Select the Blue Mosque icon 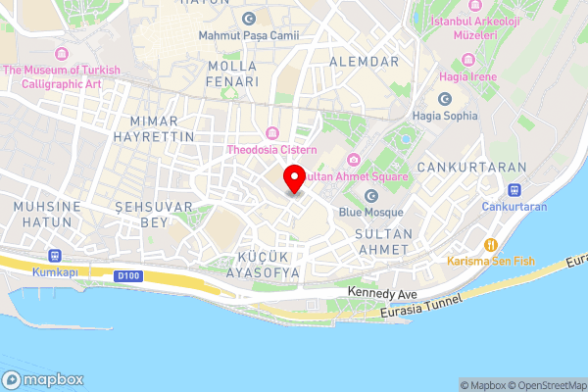click(x=371, y=196)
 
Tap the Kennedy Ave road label click(x=383, y=293)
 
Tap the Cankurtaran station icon click(x=514, y=190)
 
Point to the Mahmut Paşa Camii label click(x=249, y=36)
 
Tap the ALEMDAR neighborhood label click(x=366, y=61)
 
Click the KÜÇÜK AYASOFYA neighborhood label click(x=255, y=265)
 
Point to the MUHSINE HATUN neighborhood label click(x=43, y=216)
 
